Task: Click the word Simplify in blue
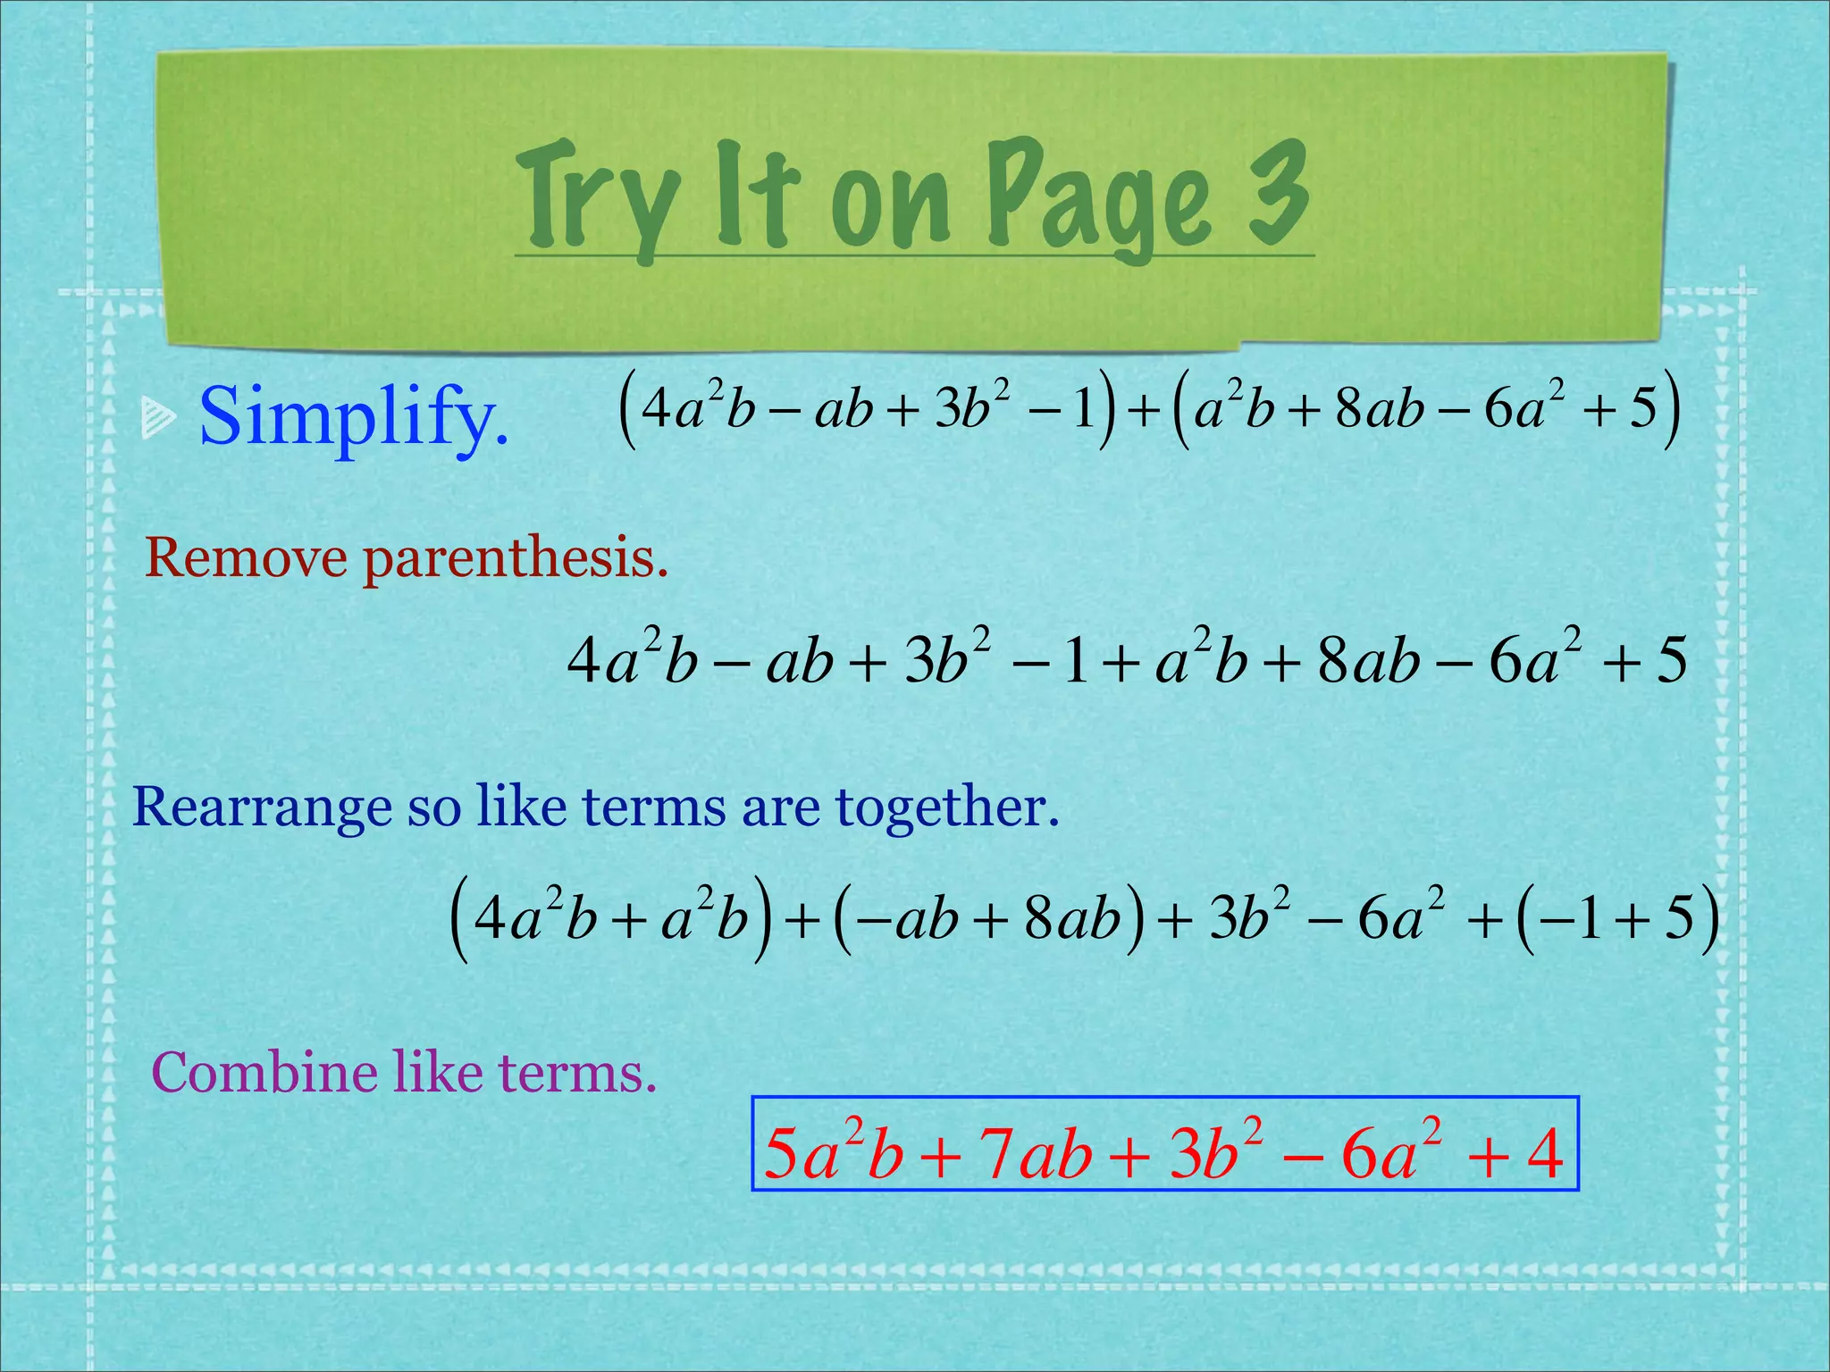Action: [354, 416]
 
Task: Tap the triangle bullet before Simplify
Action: [158, 418]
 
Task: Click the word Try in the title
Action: [597, 198]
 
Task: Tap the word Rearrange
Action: [262, 808]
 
